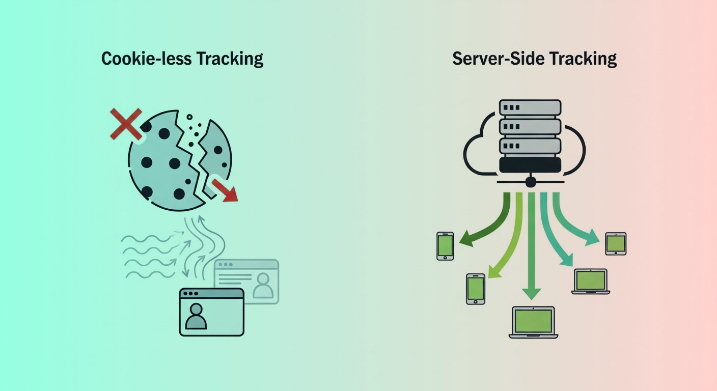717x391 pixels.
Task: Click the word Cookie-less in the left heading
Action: pos(145,59)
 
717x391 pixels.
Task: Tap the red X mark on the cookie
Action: pos(126,123)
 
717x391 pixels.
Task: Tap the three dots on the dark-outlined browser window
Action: pos(190,294)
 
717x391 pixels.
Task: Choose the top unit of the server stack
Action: pos(530,107)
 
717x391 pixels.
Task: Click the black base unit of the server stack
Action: pos(530,164)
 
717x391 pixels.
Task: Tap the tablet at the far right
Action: pos(616,243)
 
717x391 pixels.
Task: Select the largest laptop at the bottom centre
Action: pos(533,322)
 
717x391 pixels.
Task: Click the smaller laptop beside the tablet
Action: pos(591,281)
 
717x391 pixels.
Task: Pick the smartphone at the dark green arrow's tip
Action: pos(445,246)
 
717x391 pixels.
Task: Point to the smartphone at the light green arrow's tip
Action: pos(476,288)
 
